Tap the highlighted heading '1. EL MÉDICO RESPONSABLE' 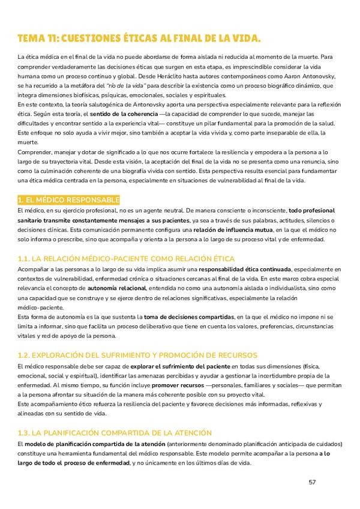(x=69, y=199)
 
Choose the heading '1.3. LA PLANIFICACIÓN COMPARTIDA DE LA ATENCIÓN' (x=115, y=433)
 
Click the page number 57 (x=312, y=482)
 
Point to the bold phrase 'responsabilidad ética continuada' (x=246, y=270)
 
